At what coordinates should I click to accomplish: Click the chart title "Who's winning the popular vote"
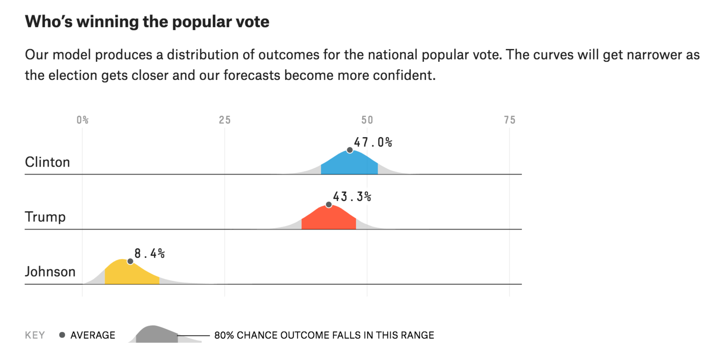(x=147, y=22)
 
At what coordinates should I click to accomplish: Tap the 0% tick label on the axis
(x=83, y=120)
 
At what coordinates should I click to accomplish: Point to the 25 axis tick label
(x=225, y=120)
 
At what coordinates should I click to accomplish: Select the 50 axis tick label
(x=367, y=120)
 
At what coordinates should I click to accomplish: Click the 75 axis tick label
(x=510, y=120)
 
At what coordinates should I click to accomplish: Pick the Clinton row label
(x=48, y=162)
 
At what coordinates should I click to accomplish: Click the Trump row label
(x=45, y=217)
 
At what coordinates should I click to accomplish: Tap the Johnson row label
(x=50, y=271)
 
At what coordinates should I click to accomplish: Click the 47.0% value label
(x=373, y=143)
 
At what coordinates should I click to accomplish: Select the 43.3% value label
(x=352, y=197)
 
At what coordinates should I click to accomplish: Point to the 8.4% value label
(x=150, y=253)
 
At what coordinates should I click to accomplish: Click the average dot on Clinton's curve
(x=350, y=150)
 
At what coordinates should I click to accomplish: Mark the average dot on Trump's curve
(x=329, y=205)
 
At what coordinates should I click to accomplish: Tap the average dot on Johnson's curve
(x=130, y=261)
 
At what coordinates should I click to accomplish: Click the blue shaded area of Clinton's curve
(x=349, y=164)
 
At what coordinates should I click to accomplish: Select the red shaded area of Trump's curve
(x=329, y=219)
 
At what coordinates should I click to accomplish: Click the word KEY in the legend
(x=35, y=335)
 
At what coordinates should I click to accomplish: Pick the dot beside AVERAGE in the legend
(x=62, y=335)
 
